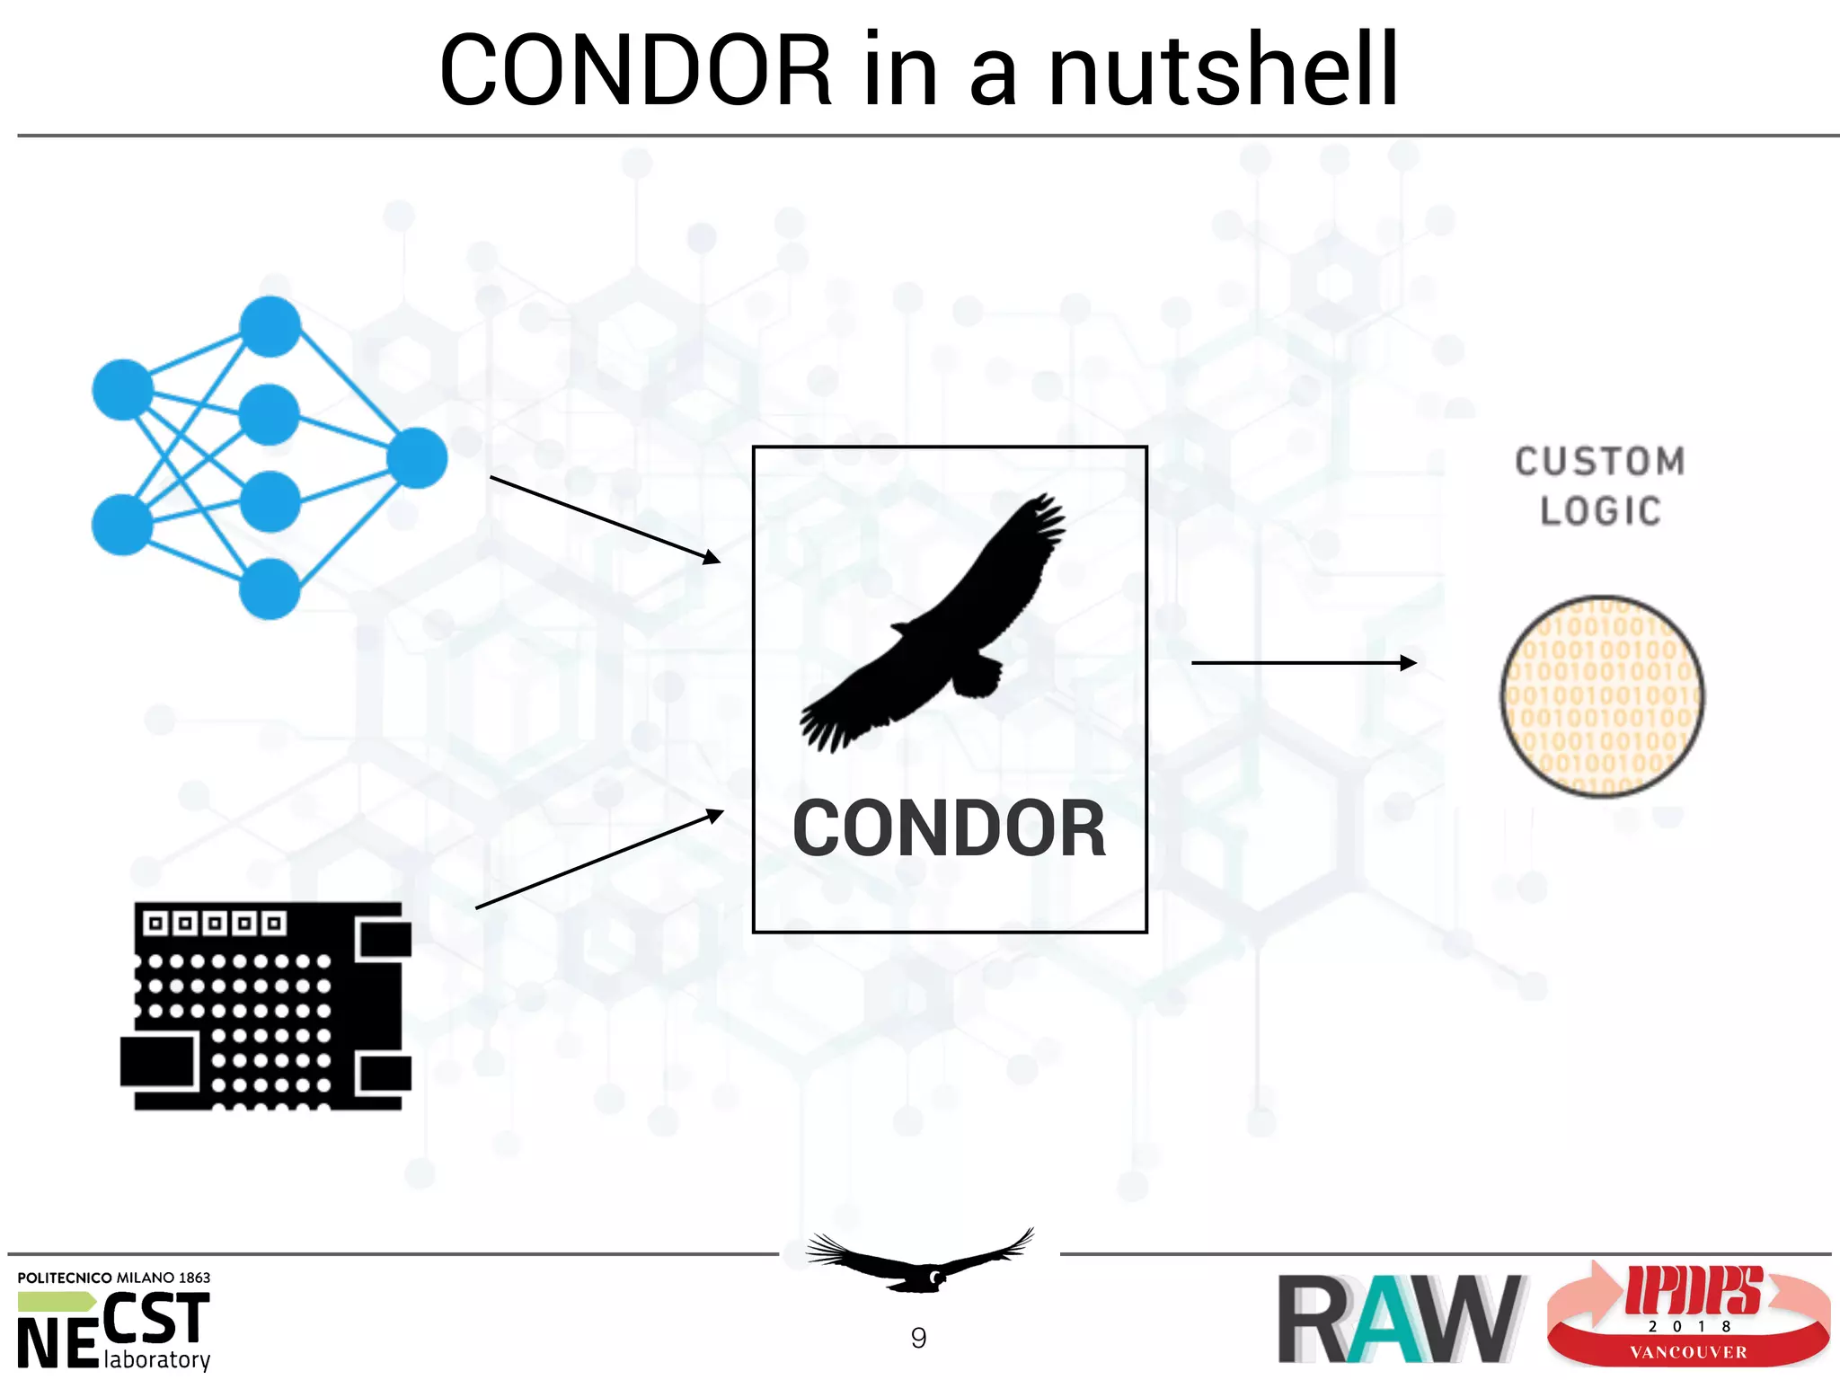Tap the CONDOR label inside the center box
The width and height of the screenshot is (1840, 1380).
pyautogui.click(x=949, y=828)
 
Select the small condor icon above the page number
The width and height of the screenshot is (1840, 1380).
pyautogui.click(x=919, y=1261)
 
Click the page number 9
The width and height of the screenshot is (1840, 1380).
pyautogui.click(x=918, y=1338)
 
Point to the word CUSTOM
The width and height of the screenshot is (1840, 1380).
pyautogui.click(x=1600, y=462)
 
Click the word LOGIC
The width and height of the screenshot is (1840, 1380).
pyautogui.click(x=1600, y=511)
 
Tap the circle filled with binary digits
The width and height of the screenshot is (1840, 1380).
pyautogui.click(x=1602, y=696)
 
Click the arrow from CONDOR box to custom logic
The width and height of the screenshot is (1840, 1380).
pyautogui.click(x=1303, y=663)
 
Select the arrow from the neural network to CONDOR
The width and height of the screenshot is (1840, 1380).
pyautogui.click(x=604, y=519)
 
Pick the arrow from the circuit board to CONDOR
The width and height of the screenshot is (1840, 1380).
pyautogui.click(x=598, y=860)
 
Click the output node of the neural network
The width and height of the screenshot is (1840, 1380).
pyautogui.click(x=417, y=458)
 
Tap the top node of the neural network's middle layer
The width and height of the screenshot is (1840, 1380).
pyautogui.click(x=270, y=326)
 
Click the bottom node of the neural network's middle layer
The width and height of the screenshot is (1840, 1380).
pyautogui.click(x=270, y=588)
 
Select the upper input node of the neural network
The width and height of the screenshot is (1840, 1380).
pyautogui.click(x=123, y=390)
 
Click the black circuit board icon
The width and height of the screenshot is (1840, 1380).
pyautogui.click(x=267, y=1006)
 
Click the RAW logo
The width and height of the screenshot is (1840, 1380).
pyautogui.click(x=1399, y=1318)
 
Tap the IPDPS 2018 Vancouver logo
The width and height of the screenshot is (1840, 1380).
pyautogui.click(x=1687, y=1315)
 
